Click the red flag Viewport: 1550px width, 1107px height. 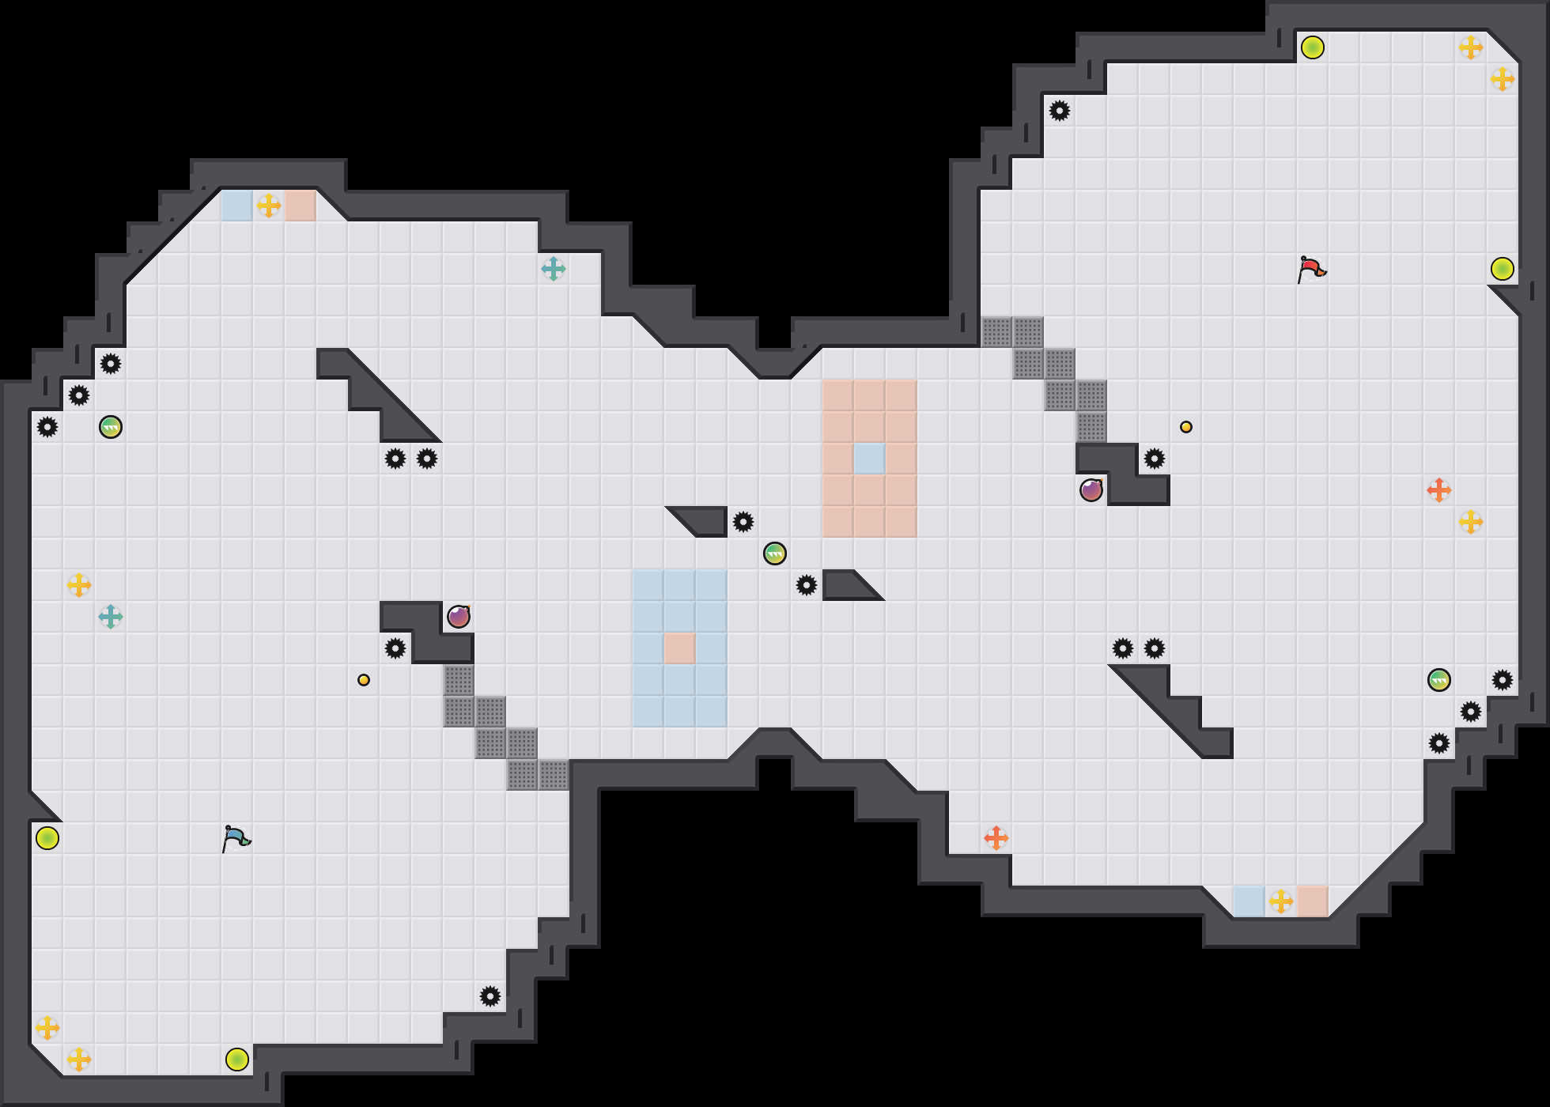pos(1311,269)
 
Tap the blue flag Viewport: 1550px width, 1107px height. pos(236,838)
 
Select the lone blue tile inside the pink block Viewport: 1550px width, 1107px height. pos(869,459)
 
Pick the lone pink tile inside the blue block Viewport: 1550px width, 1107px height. pos(679,648)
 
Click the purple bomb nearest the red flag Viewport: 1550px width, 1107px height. pos(1091,490)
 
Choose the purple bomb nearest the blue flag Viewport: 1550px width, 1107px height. pos(459,617)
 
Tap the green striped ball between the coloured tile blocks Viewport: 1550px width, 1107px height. pos(775,553)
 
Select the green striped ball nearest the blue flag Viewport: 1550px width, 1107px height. pos(111,427)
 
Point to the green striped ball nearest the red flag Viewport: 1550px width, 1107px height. pos(1439,680)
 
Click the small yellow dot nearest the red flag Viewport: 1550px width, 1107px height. pos(1186,427)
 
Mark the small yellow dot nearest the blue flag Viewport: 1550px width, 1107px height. pos(364,680)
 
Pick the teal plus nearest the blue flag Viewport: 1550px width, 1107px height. pos(111,617)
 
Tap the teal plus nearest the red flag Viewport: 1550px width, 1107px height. pos(554,269)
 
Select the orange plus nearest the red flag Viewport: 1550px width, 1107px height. pos(1439,490)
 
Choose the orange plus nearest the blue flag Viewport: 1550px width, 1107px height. pos(996,838)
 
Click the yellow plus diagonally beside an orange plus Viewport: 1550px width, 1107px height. pos(1471,522)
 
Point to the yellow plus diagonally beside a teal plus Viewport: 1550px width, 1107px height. pos(79,585)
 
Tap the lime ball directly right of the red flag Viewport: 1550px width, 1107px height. pos(1503,269)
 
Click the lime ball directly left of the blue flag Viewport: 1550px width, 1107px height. pos(47,838)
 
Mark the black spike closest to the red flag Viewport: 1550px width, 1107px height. pos(1155,459)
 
